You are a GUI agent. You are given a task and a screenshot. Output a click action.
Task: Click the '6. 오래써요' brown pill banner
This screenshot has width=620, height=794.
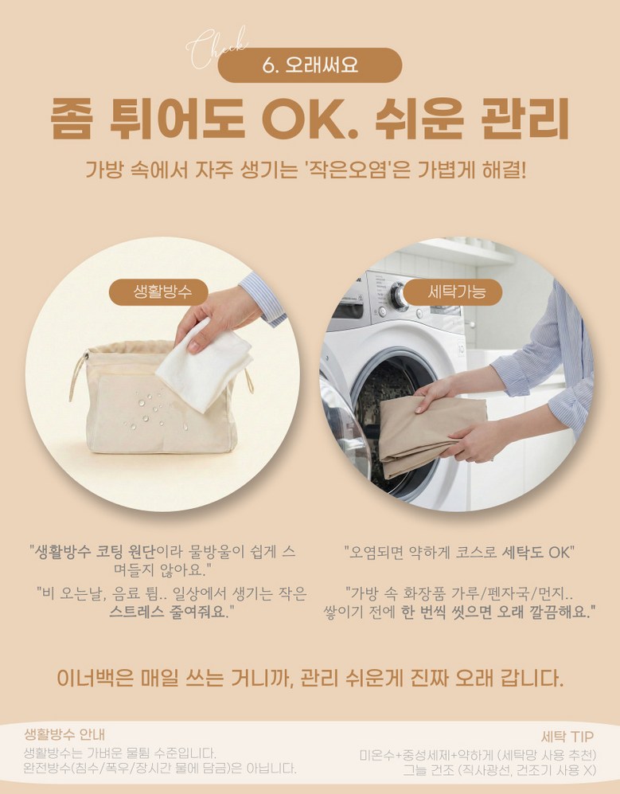[310, 65]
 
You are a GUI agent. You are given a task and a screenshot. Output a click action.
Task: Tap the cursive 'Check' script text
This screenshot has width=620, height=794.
[216, 48]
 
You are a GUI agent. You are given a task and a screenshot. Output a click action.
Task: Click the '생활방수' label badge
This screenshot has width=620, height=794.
[159, 292]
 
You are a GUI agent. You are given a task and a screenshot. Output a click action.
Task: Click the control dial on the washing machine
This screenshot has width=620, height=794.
[399, 295]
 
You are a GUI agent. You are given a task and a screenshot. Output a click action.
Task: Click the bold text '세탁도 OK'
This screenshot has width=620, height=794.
[536, 552]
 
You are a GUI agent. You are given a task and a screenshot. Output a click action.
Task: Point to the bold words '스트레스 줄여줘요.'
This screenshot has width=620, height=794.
[169, 612]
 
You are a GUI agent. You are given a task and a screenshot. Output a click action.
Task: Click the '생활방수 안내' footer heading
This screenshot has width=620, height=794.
[64, 734]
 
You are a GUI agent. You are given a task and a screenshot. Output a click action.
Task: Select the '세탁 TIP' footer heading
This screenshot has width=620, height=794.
[567, 737]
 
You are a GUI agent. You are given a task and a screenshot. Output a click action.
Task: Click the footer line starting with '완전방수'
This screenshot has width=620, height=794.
[160, 769]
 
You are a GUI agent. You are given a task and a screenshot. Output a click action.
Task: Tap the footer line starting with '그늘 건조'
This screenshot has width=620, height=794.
[499, 770]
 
